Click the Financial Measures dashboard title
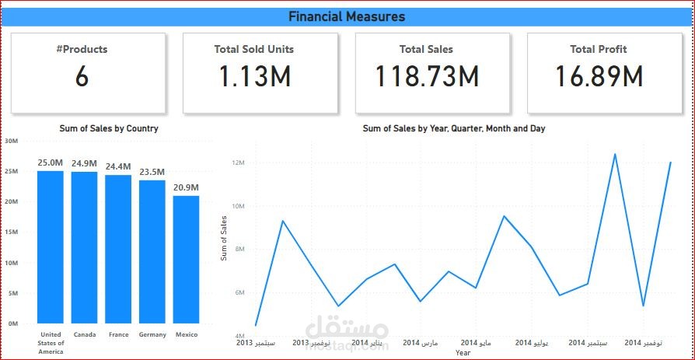(x=347, y=17)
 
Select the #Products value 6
(x=82, y=76)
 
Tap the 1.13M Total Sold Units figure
(x=255, y=75)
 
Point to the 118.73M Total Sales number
(x=428, y=75)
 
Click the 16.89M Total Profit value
(x=599, y=76)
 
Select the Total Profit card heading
(x=599, y=49)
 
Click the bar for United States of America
(x=51, y=247)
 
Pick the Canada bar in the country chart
(x=84, y=247)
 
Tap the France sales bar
(x=118, y=249)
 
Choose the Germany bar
(x=152, y=252)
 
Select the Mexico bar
(x=186, y=260)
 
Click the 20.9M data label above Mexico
(x=186, y=188)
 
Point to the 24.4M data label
(x=118, y=166)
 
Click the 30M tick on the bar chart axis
(x=11, y=141)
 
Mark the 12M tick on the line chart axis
(x=239, y=163)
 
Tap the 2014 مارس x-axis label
(x=421, y=343)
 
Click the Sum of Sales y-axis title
(x=224, y=238)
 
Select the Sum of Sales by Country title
(x=109, y=128)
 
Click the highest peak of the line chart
(x=615, y=154)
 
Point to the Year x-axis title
(x=463, y=353)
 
